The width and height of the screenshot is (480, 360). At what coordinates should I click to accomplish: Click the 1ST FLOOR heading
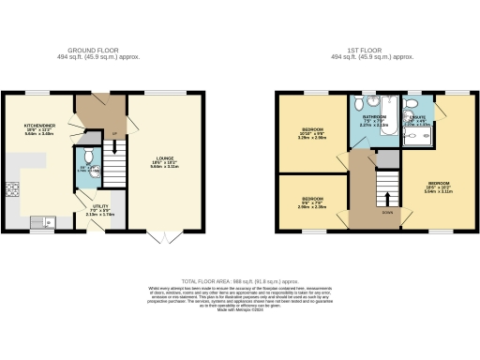[x=373, y=51]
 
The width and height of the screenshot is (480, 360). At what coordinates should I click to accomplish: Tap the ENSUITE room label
[x=418, y=120]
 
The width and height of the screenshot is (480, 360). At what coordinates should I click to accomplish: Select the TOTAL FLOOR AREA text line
[x=239, y=280]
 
